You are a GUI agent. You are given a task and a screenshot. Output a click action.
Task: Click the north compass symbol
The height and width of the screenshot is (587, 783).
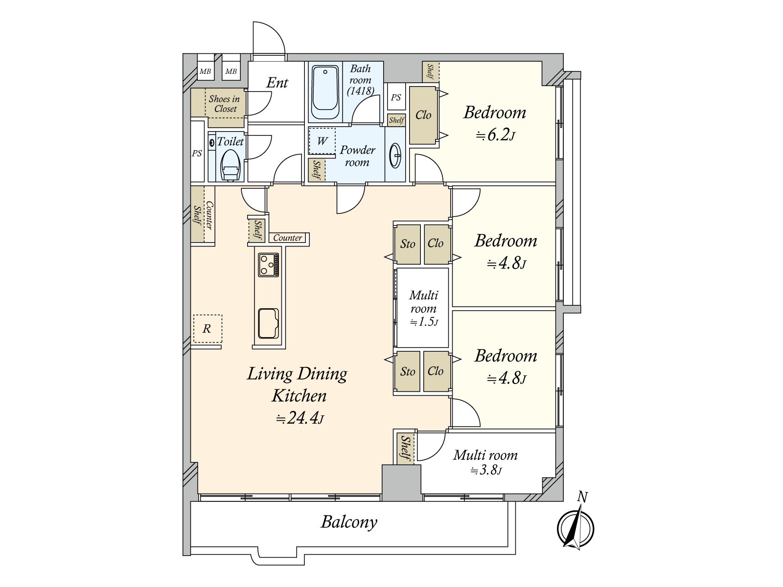(x=576, y=529)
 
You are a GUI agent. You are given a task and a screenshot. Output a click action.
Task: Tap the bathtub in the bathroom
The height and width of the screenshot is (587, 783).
(x=325, y=92)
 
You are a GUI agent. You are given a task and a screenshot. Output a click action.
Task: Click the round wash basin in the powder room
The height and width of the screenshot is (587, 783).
(x=395, y=156)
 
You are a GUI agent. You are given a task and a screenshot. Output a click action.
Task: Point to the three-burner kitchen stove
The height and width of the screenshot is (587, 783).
(x=269, y=265)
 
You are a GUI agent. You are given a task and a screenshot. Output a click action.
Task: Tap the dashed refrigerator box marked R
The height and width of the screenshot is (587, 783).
(x=207, y=329)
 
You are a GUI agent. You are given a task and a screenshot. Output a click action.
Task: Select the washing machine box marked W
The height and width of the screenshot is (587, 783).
(x=322, y=141)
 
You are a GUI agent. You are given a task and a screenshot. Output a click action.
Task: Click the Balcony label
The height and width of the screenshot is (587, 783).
(x=349, y=522)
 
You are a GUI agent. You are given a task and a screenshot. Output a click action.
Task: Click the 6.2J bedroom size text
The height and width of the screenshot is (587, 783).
(x=496, y=135)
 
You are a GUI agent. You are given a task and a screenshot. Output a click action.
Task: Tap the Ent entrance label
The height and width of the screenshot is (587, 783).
(x=277, y=83)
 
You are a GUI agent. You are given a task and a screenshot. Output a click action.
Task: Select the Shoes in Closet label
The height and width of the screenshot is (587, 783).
(x=224, y=104)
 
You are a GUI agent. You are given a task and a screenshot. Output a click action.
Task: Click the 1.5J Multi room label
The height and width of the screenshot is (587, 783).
(x=423, y=308)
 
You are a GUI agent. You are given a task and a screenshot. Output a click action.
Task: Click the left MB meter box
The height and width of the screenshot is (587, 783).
(x=205, y=71)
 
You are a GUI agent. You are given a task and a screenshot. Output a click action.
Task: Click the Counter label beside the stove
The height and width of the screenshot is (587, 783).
(x=288, y=238)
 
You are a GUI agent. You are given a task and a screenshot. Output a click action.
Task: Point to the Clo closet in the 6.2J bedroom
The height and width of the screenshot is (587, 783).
(x=423, y=115)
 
